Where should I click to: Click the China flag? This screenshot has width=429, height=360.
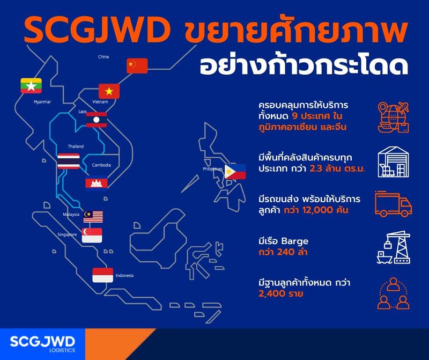(x=137, y=66)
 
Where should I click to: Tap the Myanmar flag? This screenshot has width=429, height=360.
(x=31, y=86)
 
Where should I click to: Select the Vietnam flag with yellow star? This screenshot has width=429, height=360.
(x=109, y=91)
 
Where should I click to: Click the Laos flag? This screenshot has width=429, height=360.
(x=97, y=120)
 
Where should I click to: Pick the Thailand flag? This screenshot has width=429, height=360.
(x=69, y=161)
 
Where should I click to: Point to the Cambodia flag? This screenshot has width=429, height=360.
(x=97, y=184)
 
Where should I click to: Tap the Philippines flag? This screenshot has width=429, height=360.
(x=235, y=171)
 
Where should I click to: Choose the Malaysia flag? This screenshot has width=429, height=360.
(x=93, y=216)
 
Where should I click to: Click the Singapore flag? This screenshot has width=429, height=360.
(x=92, y=235)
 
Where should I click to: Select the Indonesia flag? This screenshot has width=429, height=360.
(x=102, y=275)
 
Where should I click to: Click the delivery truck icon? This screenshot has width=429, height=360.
(x=393, y=204)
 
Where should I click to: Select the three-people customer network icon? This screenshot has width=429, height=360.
(x=393, y=292)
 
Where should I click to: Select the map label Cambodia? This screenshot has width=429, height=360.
(x=101, y=165)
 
